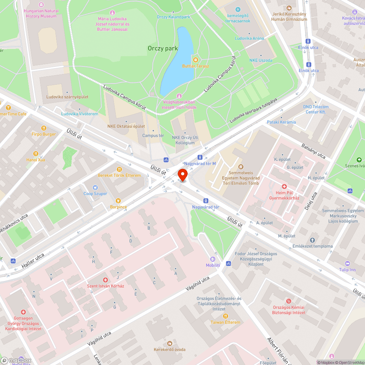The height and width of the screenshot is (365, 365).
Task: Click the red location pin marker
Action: [x=182, y=175]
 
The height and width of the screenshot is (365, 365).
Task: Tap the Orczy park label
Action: [x=163, y=48]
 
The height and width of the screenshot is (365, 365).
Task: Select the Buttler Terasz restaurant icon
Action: [x=195, y=59]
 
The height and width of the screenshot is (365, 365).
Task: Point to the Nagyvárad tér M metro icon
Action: [x=200, y=157]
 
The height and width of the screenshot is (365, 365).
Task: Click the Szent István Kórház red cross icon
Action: [x=105, y=280]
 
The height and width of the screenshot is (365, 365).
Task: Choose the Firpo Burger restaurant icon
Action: [x=44, y=128]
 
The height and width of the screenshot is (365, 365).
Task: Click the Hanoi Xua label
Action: [x=36, y=160]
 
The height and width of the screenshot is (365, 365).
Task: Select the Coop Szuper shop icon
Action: [x=96, y=187]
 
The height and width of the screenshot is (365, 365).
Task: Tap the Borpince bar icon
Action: [x=118, y=200]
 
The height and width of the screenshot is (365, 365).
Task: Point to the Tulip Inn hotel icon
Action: [x=347, y=264]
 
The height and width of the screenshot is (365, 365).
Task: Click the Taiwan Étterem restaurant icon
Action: [x=225, y=316]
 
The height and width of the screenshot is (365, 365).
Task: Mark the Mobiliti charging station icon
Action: [x=213, y=259]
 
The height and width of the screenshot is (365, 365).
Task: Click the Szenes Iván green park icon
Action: [x=359, y=160]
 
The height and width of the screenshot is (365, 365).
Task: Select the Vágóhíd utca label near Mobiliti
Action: [x=197, y=283]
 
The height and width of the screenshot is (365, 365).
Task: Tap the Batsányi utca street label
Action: [x=313, y=151]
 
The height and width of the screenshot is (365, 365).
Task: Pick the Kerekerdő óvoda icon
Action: [x=169, y=343]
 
